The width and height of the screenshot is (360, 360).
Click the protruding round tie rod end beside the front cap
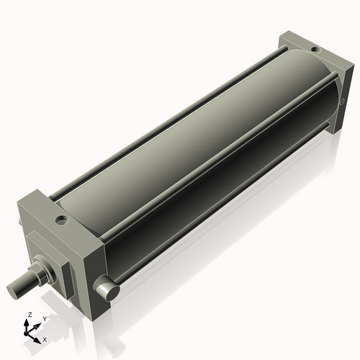109,290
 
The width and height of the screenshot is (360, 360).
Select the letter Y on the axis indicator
45,318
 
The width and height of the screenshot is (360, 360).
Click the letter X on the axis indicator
45,338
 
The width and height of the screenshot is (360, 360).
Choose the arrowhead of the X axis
37,336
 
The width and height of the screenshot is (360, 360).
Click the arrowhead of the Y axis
37,323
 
